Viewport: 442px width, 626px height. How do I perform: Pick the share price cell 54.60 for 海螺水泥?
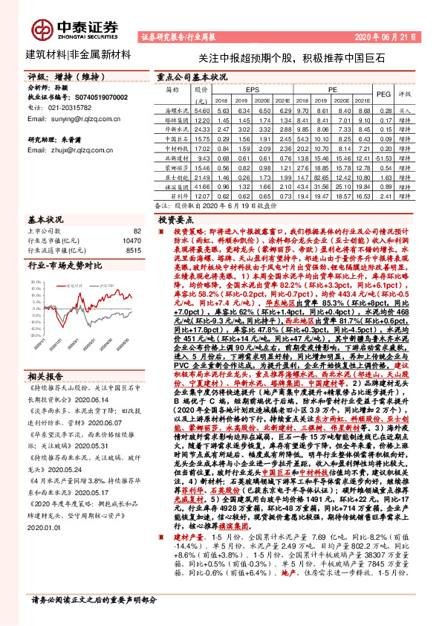[x=201, y=109]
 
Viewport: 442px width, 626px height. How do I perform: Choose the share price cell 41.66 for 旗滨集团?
[x=201, y=187]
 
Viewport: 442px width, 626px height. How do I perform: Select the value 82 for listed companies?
[x=136, y=232]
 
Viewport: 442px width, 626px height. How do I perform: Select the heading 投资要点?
[x=175, y=220]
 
